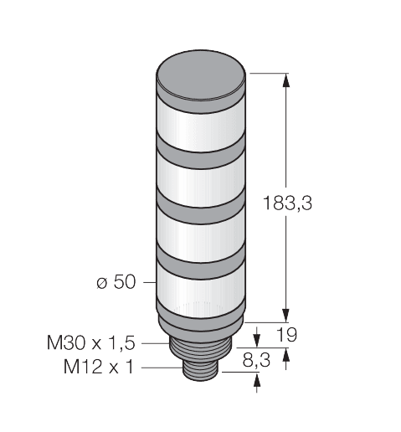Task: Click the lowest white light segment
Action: point(201,290)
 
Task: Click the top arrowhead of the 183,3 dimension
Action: point(287,80)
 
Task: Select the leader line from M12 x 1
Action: point(162,367)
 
